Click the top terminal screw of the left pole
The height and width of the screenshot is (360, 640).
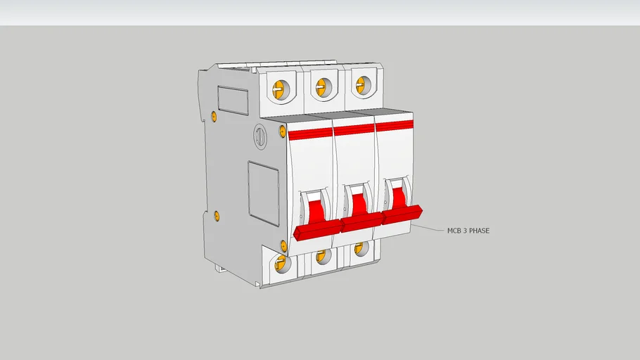[280, 89]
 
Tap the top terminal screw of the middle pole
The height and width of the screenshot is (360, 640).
[322, 87]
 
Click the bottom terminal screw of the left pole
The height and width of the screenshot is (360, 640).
[281, 264]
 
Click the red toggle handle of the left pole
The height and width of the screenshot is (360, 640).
[317, 230]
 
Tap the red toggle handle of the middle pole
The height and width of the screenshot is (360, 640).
[361, 221]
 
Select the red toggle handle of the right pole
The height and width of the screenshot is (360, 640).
[402, 214]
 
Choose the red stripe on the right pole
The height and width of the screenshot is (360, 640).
[394, 125]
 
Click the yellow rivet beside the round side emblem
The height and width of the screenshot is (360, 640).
[283, 131]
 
